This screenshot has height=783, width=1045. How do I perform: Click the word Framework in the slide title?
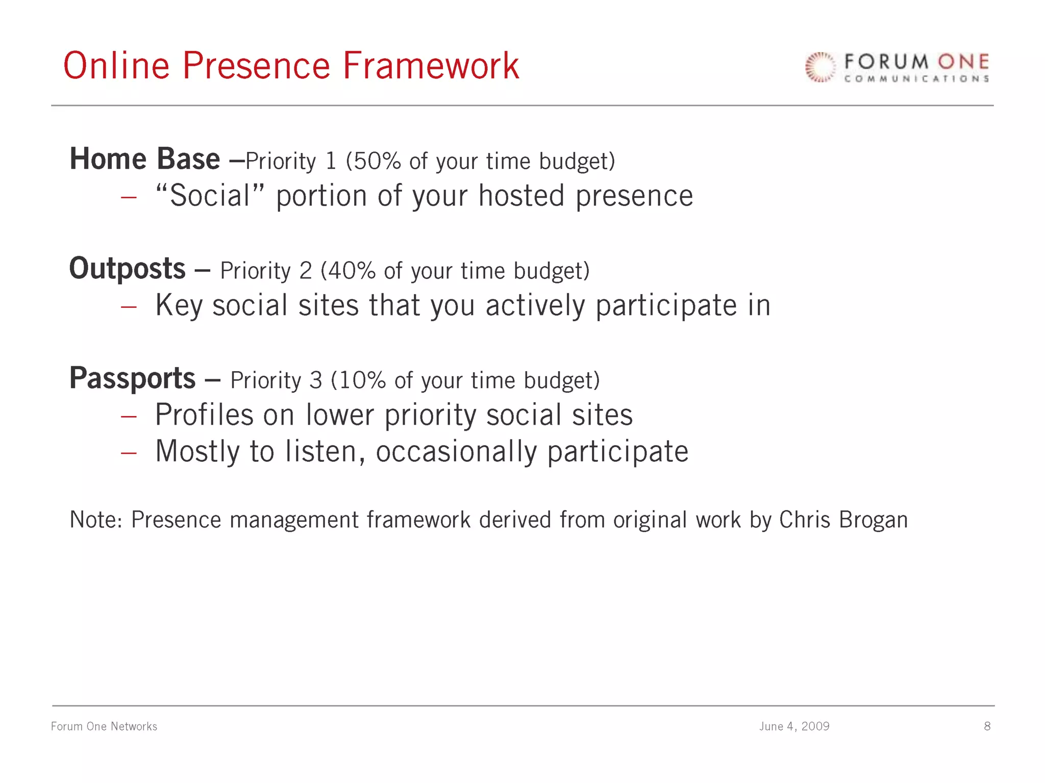tap(431, 66)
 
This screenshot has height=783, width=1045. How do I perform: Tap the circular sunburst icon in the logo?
tap(820, 67)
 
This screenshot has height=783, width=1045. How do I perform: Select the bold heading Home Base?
tap(144, 159)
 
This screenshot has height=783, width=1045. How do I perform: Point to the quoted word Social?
tap(210, 196)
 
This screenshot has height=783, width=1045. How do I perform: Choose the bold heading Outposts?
tap(127, 269)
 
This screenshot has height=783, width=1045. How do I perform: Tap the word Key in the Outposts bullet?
tap(179, 306)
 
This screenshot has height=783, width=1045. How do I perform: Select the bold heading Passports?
tap(132, 378)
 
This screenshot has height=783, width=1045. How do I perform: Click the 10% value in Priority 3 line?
tap(362, 380)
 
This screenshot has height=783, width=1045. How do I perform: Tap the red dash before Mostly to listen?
tap(129, 453)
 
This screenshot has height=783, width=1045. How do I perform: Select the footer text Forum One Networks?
tap(104, 726)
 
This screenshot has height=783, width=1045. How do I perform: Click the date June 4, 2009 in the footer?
tap(794, 726)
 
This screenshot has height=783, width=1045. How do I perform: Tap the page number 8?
tap(987, 726)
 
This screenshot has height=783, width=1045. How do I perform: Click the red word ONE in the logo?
tap(963, 62)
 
